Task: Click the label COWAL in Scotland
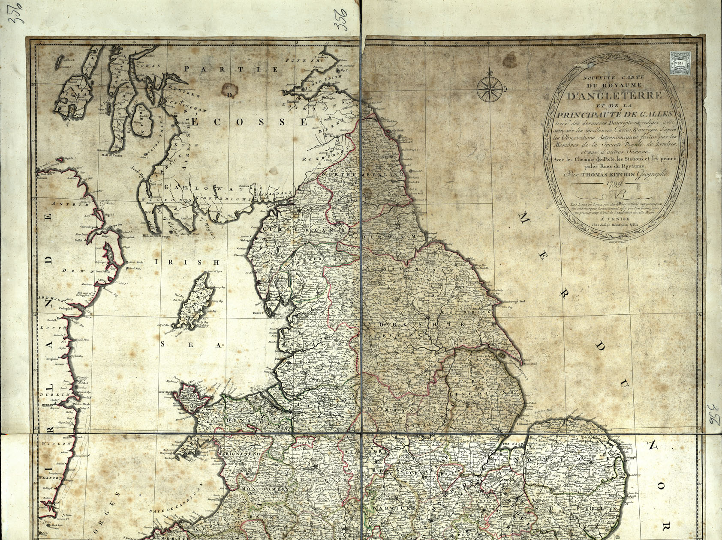coord(148,66)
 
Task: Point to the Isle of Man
coord(195,303)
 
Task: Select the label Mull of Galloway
coord(160,236)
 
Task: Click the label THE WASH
coord(511,445)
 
